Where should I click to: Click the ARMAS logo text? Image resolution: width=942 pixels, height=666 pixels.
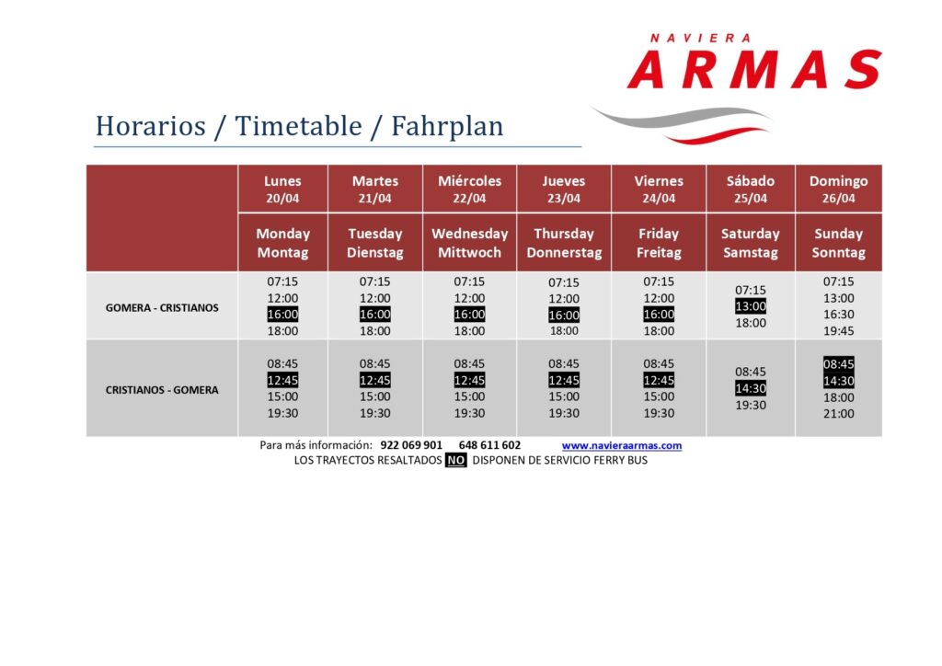[x=754, y=69]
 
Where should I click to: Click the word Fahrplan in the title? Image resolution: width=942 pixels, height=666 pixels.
[x=447, y=126]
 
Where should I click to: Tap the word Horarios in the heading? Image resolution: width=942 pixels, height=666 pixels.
[x=150, y=126]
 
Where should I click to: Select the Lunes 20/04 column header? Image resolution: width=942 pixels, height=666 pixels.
[x=282, y=189]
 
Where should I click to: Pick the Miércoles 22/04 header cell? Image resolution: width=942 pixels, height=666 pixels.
[x=469, y=189]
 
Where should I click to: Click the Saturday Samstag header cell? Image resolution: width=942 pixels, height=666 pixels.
[x=751, y=243]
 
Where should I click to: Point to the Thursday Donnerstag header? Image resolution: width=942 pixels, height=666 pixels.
[x=564, y=243]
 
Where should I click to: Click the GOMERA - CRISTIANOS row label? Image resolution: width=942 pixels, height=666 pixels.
[x=162, y=307]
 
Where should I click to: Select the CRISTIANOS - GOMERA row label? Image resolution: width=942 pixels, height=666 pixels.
[x=162, y=390]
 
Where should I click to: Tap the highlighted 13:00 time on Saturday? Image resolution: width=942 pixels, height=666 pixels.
[x=751, y=306]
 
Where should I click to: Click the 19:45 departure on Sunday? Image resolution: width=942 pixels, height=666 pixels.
[x=838, y=331]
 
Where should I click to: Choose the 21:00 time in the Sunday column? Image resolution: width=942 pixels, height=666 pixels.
[x=838, y=414]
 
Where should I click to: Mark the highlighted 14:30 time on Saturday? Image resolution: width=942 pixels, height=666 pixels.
[x=751, y=388]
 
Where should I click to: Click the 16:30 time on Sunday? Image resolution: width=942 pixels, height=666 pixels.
[x=838, y=314]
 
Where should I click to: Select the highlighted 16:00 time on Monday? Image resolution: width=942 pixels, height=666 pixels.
[x=282, y=314]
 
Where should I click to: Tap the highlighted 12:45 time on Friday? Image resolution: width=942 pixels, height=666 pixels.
[x=659, y=380]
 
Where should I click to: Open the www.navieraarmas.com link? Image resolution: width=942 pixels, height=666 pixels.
[x=622, y=445]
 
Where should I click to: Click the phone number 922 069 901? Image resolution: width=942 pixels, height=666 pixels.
[x=411, y=445]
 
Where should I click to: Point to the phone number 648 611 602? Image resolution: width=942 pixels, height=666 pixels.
[x=489, y=445]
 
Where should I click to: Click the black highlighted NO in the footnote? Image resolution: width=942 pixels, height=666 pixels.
[x=456, y=460]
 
